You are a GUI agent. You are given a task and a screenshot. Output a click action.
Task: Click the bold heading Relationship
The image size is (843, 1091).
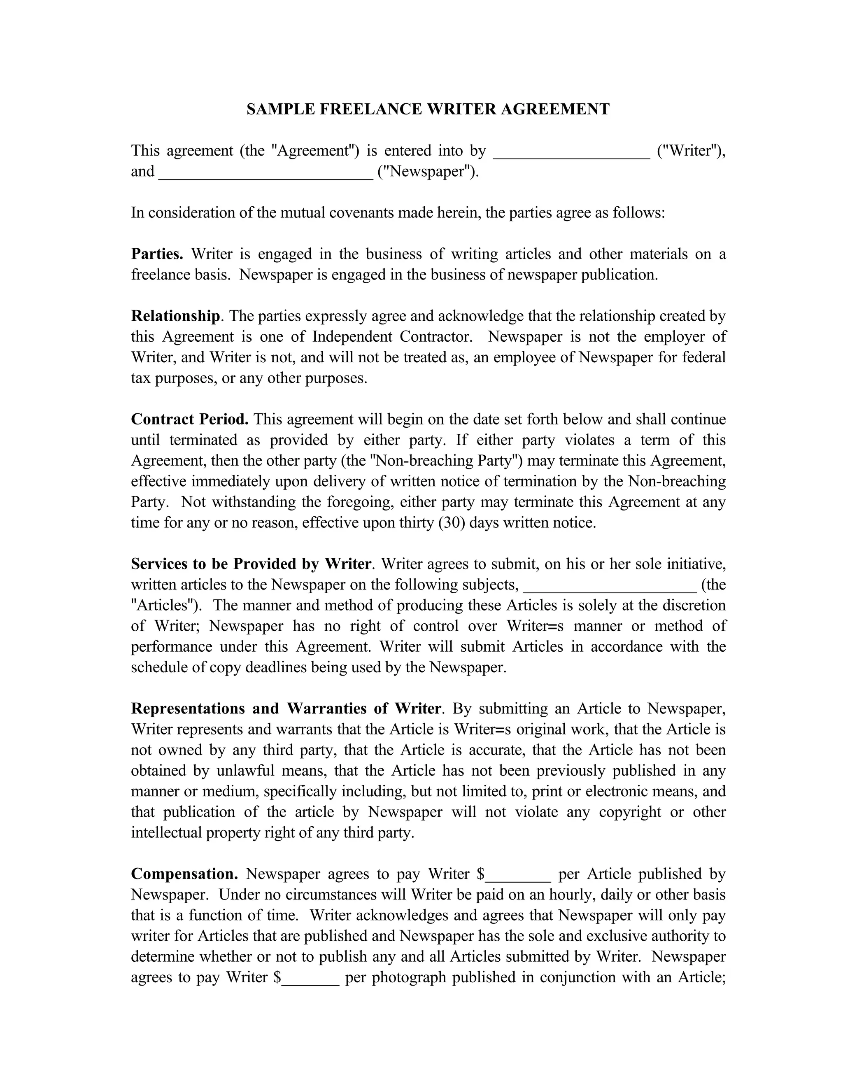[175, 316]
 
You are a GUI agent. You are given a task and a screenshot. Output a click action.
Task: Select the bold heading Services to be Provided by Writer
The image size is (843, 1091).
[251, 564]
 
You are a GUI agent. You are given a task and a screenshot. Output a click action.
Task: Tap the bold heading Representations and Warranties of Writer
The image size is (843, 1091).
[286, 709]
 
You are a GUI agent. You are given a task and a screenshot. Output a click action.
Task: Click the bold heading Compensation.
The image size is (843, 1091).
[184, 874]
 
